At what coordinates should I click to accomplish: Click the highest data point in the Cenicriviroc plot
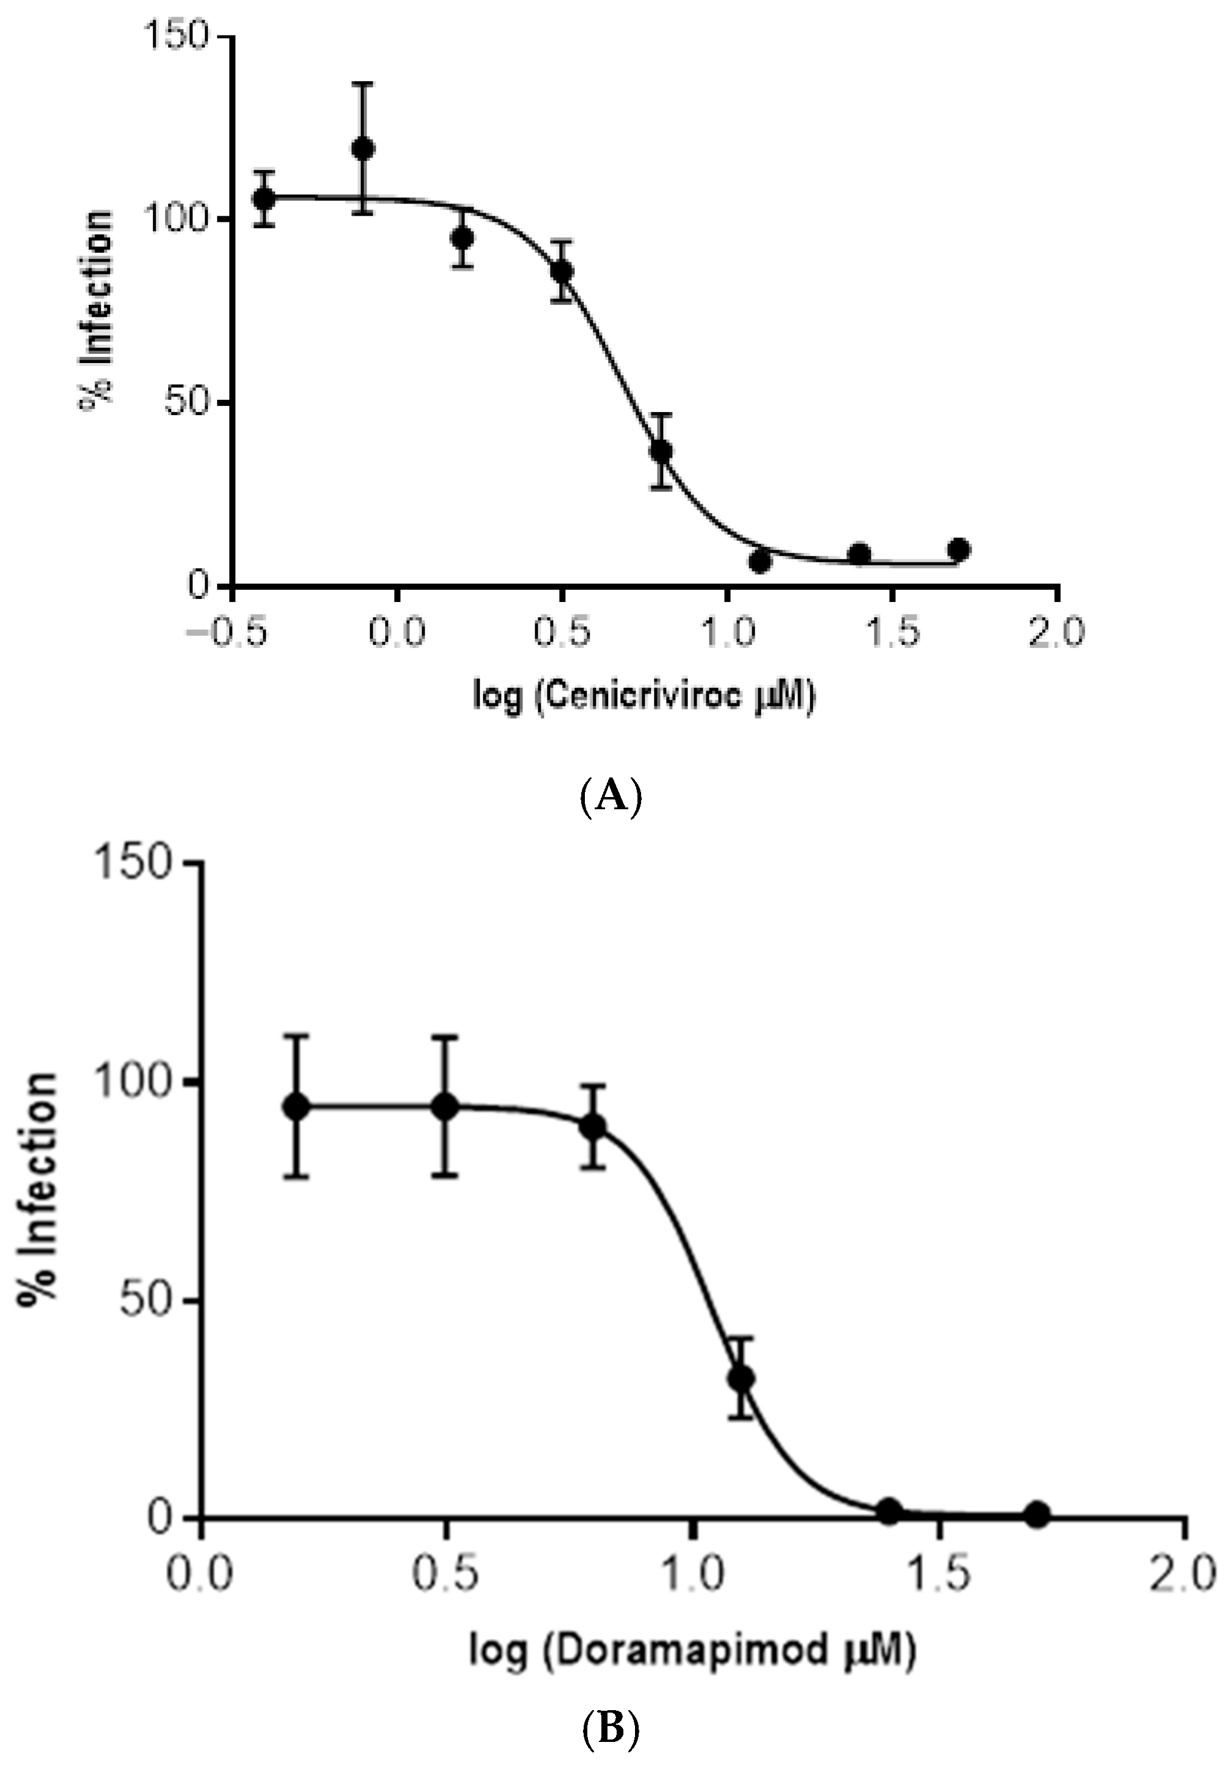[364, 149]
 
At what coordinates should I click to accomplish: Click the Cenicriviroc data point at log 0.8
[661, 451]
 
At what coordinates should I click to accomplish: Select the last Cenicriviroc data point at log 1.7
[959, 549]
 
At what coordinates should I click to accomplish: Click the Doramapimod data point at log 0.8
[592, 1127]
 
